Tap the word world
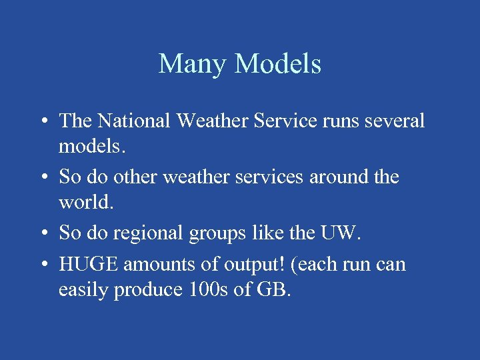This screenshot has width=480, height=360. tap(86, 202)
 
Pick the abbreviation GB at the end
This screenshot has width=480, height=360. tap(273, 290)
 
